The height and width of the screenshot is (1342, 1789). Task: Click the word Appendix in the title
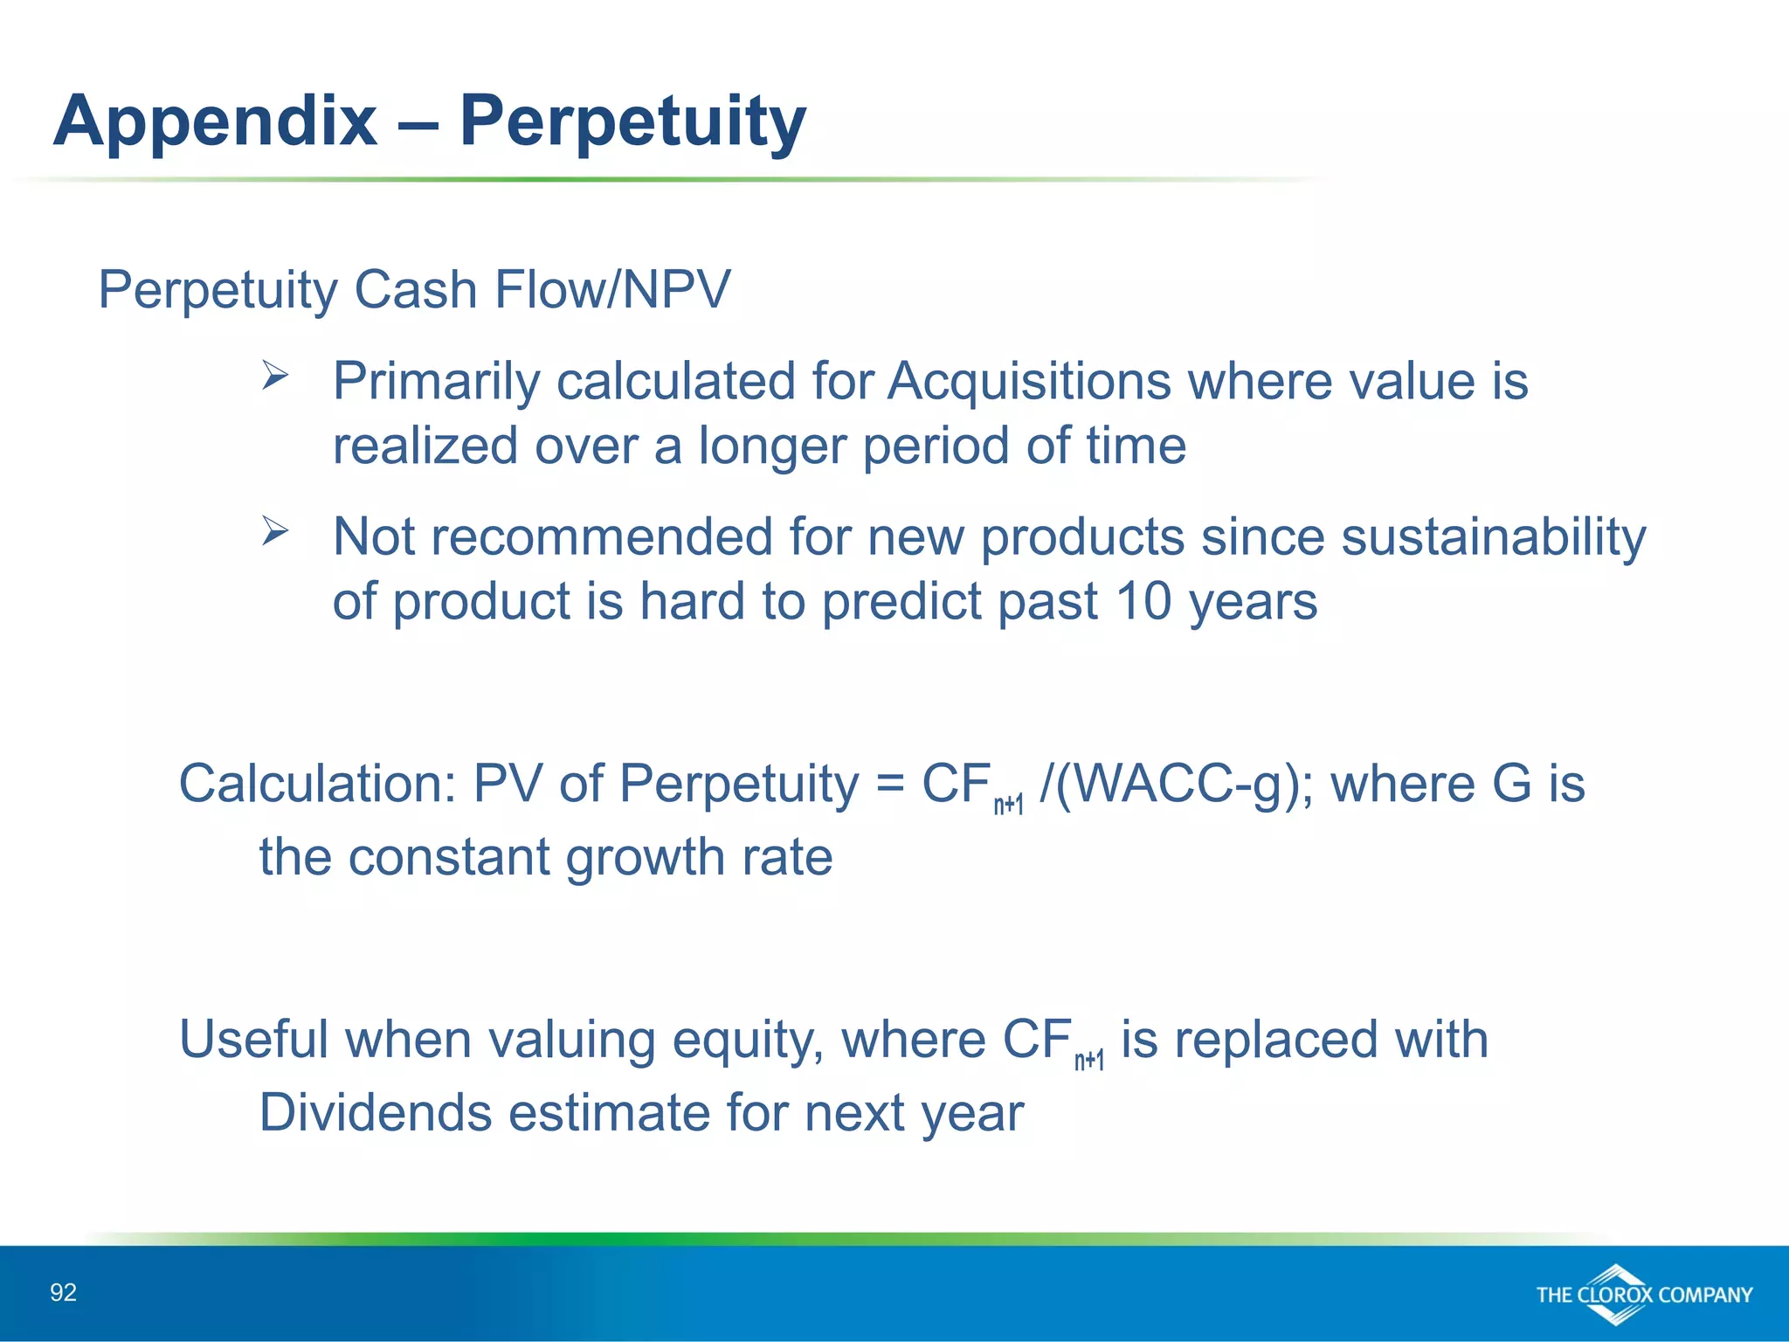(x=215, y=122)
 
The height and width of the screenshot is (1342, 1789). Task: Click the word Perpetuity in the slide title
(x=632, y=122)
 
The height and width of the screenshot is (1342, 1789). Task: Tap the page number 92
(x=63, y=1292)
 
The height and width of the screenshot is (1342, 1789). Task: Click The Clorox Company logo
(x=1643, y=1294)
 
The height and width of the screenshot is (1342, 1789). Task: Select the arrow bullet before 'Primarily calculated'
(x=275, y=377)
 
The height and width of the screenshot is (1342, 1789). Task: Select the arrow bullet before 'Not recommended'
(x=275, y=531)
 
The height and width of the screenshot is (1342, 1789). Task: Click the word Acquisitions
(x=1029, y=382)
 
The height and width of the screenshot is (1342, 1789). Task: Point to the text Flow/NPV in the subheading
(x=611, y=290)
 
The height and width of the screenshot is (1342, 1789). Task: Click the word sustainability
(x=1493, y=536)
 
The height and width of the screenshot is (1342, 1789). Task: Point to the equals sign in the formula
(x=889, y=784)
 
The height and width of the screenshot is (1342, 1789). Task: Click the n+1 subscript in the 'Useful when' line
(x=1088, y=1061)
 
